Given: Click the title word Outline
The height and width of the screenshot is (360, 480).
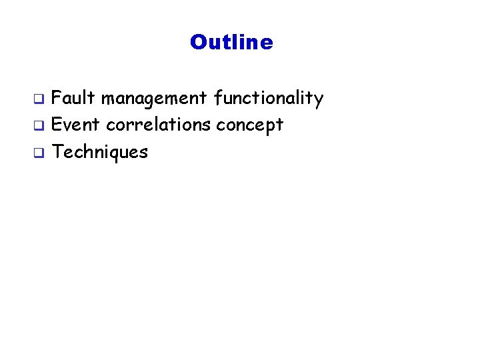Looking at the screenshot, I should pos(231,43).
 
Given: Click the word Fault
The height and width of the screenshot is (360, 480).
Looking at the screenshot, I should pos(74,99).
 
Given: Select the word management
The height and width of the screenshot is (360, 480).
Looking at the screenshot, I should pos(155,99).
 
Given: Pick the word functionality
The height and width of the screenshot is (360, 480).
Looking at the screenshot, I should pos(269,99).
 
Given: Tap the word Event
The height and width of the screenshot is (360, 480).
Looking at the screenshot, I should pos(75,125).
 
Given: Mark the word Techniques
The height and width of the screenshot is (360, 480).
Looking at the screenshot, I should pos(100,152).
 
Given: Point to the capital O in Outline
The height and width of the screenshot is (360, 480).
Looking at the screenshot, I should pos(198,43).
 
